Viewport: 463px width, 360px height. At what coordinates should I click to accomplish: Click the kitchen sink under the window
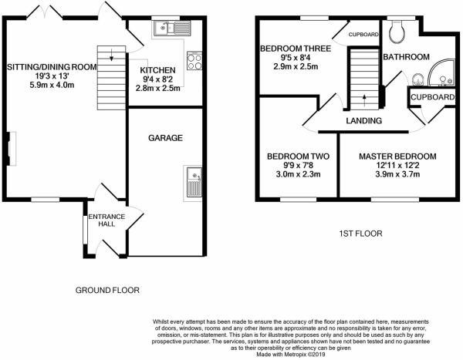point(172,28)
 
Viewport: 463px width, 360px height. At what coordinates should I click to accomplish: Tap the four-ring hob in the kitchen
point(194,61)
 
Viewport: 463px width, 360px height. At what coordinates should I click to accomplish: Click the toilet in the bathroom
point(397,32)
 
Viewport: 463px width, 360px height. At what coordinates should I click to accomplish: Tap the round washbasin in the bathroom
point(417,79)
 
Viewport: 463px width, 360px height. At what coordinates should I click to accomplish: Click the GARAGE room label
point(165,138)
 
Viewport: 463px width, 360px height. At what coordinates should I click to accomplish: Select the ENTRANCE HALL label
point(106,220)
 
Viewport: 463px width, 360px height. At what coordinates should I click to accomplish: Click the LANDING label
point(363,121)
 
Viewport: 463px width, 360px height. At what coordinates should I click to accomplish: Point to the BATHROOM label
point(406,57)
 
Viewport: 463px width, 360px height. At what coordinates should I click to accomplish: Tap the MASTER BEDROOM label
point(397,156)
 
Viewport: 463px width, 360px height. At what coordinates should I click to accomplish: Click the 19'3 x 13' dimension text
point(52,76)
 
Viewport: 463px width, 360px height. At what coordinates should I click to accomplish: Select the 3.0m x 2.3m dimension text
point(298,174)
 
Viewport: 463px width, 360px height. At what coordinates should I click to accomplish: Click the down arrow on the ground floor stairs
point(112,55)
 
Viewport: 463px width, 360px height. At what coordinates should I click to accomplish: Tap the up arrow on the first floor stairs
point(364,100)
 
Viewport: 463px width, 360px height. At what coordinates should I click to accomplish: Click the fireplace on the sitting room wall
point(12,149)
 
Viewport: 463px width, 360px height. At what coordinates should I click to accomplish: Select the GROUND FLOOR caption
point(107,291)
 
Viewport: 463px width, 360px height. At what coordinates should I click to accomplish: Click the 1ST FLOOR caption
point(360,234)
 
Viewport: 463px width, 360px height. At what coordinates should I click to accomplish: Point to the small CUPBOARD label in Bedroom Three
point(363,35)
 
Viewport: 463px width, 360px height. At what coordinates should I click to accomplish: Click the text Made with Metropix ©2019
point(291,355)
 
